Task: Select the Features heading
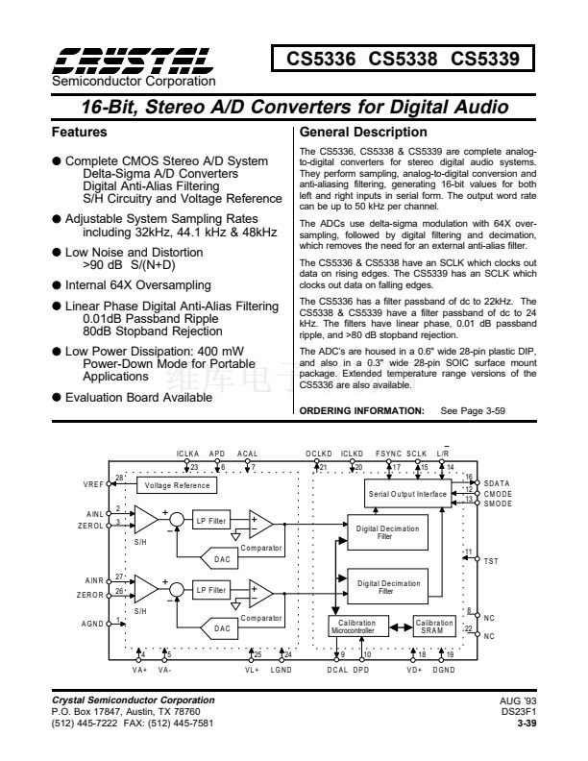(79, 132)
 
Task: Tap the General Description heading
(364, 132)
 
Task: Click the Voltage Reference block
(178, 486)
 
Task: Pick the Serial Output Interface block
(408, 493)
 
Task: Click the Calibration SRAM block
(433, 626)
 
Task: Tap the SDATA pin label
(497, 482)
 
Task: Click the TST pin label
(491, 559)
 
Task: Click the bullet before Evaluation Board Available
(57, 396)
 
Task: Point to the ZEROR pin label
(93, 593)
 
